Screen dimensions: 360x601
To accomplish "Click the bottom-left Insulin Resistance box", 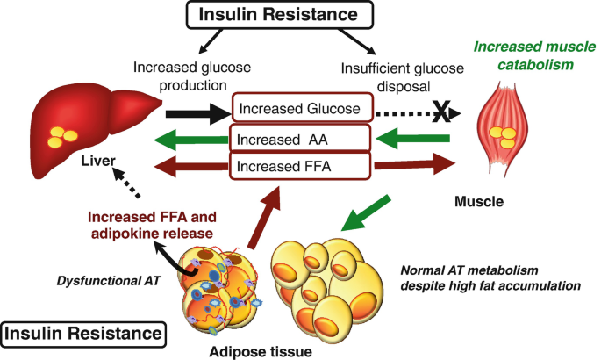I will (84, 334).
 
